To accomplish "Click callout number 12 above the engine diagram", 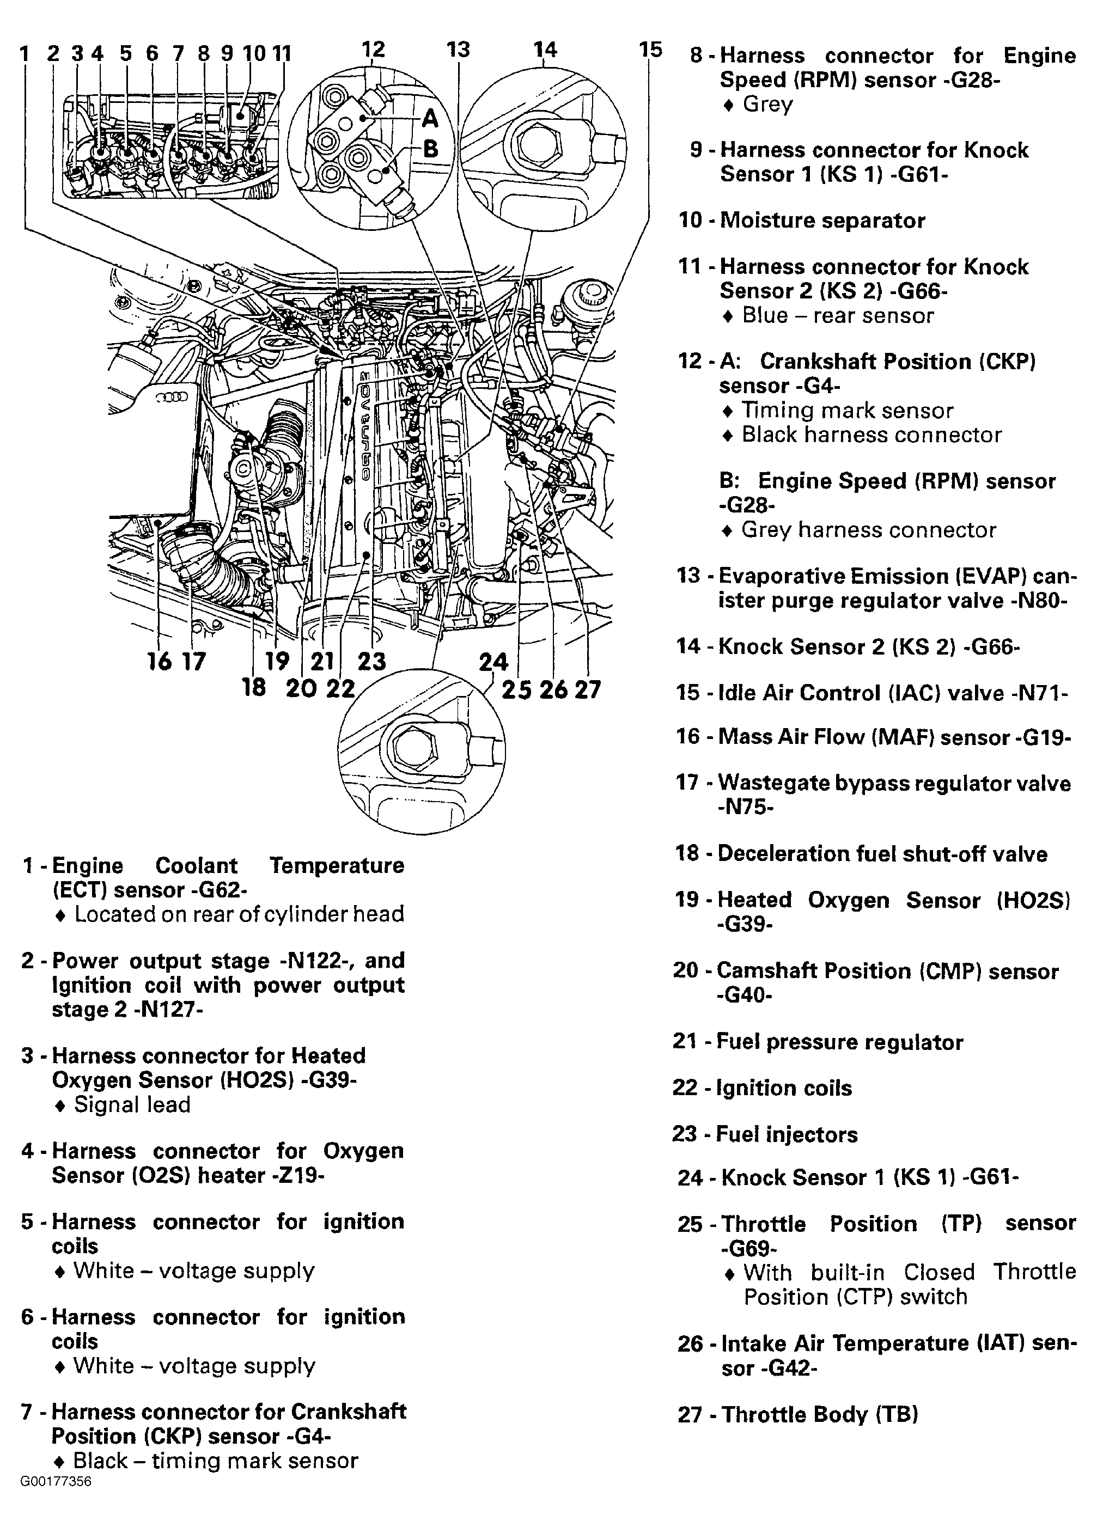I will pos(373,49).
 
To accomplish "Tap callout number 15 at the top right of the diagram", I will pos(650,49).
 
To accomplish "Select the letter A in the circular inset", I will pos(430,120).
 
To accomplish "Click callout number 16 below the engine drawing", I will pos(160,661).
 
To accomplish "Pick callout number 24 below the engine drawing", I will pos(493,661).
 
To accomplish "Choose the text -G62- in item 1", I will pos(219,890).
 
